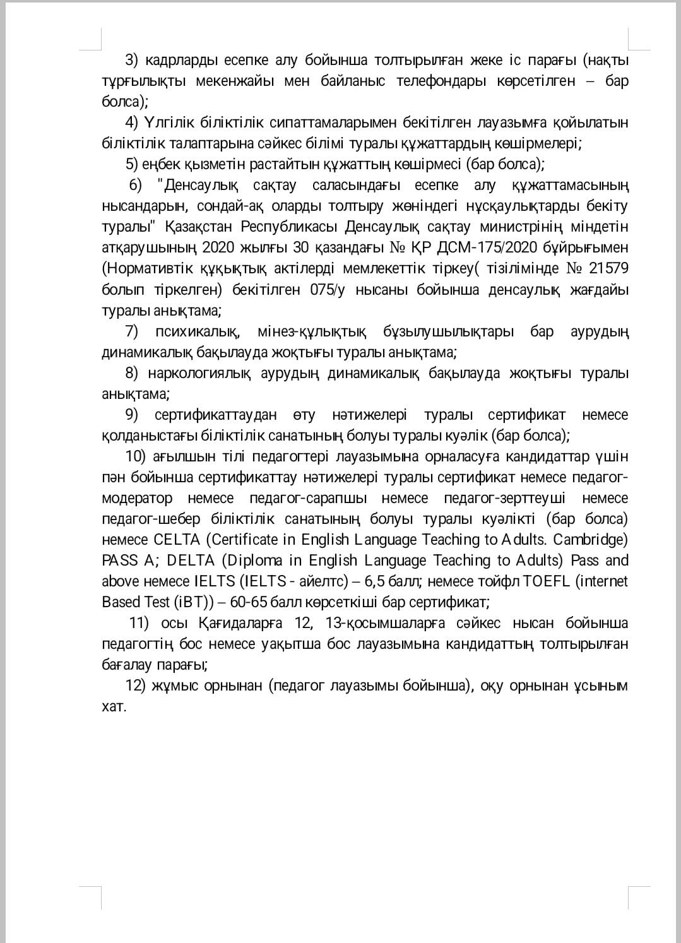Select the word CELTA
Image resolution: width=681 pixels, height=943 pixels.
pos(177,540)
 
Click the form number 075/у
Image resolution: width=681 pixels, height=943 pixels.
pos(326,290)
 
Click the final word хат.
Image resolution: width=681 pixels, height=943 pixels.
pos(114,706)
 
